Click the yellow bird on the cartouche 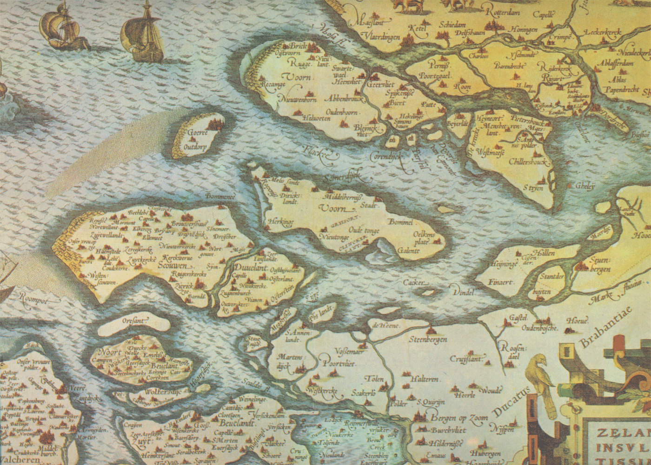pyautogui.click(x=541, y=376)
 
